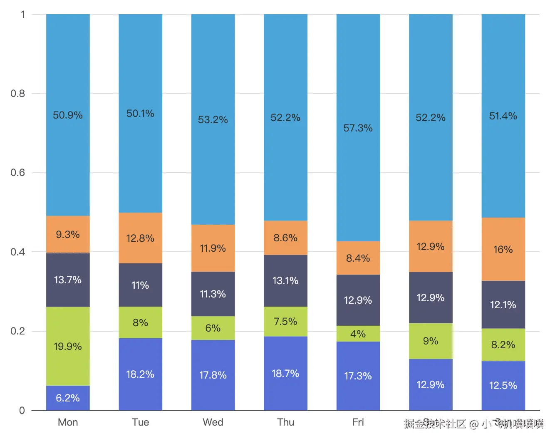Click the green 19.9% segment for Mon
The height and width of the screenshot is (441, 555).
(x=68, y=346)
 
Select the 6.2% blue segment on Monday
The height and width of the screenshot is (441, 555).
(x=68, y=398)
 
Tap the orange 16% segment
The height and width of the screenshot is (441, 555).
(x=503, y=249)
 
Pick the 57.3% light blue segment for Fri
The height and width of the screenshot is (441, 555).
(x=358, y=128)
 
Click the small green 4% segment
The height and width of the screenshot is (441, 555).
(x=358, y=334)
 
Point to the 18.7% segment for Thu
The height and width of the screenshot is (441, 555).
(x=285, y=373)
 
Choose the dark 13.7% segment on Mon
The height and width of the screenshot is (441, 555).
(x=68, y=280)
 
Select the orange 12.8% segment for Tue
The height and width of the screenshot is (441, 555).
(x=140, y=238)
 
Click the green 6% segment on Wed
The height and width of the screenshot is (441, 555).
(x=213, y=328)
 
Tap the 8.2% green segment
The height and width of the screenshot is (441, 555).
(x=503, y=344)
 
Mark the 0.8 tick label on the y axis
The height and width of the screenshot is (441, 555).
(x=18, y=93)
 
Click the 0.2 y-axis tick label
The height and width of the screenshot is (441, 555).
(x=18, y=331)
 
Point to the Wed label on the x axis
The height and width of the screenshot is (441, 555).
(x=213, y=422)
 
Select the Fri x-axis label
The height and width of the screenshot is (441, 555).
(x=358, y=422)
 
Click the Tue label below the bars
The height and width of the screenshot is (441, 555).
(x=140, y=422)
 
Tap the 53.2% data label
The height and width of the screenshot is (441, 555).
(x=213, y=120)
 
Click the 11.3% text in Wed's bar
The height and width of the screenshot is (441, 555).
(x=213, y=294)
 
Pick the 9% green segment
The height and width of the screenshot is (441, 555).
(x=430, y=341)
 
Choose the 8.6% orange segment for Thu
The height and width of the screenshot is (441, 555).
(x=285, y=238)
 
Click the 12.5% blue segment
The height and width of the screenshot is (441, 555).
(x=503, y=385)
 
